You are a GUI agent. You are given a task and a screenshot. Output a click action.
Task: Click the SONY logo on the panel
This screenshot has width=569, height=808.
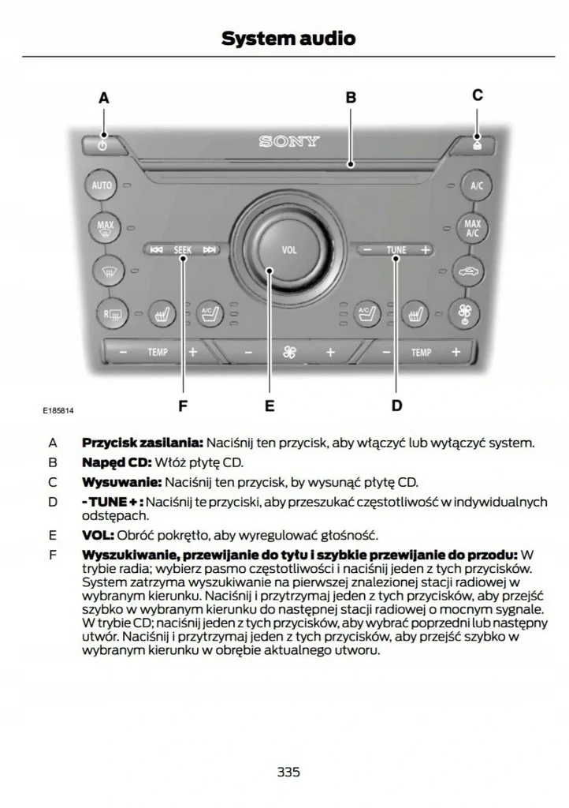point(289,142)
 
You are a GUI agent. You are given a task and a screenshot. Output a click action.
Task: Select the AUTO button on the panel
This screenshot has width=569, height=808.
point(102,186)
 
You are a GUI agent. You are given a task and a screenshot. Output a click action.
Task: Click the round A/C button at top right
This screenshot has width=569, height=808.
point(476,186)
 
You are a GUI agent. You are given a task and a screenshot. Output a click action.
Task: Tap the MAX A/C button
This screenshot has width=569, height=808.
point(473,228)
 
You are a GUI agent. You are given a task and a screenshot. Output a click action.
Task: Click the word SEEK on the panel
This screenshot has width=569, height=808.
point(183,250)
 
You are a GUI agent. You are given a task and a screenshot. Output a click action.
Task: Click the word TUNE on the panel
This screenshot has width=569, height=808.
point(396,250)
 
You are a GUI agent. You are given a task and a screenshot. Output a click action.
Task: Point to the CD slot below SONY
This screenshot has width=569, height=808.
point(289,165)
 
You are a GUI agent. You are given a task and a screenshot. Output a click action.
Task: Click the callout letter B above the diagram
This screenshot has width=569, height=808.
point(351,98)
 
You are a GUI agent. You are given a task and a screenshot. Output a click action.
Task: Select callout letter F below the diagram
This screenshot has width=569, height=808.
point(183,406)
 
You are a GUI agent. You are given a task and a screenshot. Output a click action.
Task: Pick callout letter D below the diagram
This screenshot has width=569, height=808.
point(396,406)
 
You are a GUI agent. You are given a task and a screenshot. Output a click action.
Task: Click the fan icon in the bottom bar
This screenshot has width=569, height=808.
point(289,352)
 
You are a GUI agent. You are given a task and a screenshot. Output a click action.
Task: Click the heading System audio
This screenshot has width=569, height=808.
point(288,38)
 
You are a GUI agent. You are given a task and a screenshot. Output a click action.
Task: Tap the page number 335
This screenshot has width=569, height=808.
point(288,772)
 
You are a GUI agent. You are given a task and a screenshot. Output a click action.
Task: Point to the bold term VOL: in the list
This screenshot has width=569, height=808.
point(98,535)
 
